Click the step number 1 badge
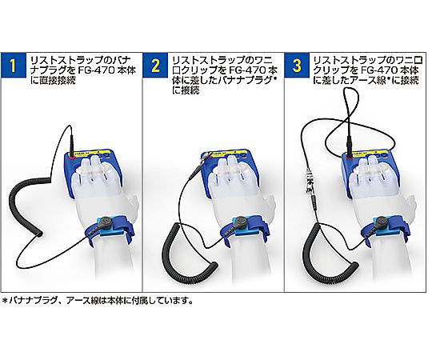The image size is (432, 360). point(13,66)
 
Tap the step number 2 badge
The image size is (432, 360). point(155,66)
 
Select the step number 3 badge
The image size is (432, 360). point(297,66)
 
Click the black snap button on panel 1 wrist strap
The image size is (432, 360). point(106,222)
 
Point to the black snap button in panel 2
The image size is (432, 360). point(241,222)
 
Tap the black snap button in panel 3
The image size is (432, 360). point(380,222)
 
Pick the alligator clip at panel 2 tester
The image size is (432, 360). point(203,162)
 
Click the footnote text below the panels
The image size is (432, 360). point(97,300)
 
